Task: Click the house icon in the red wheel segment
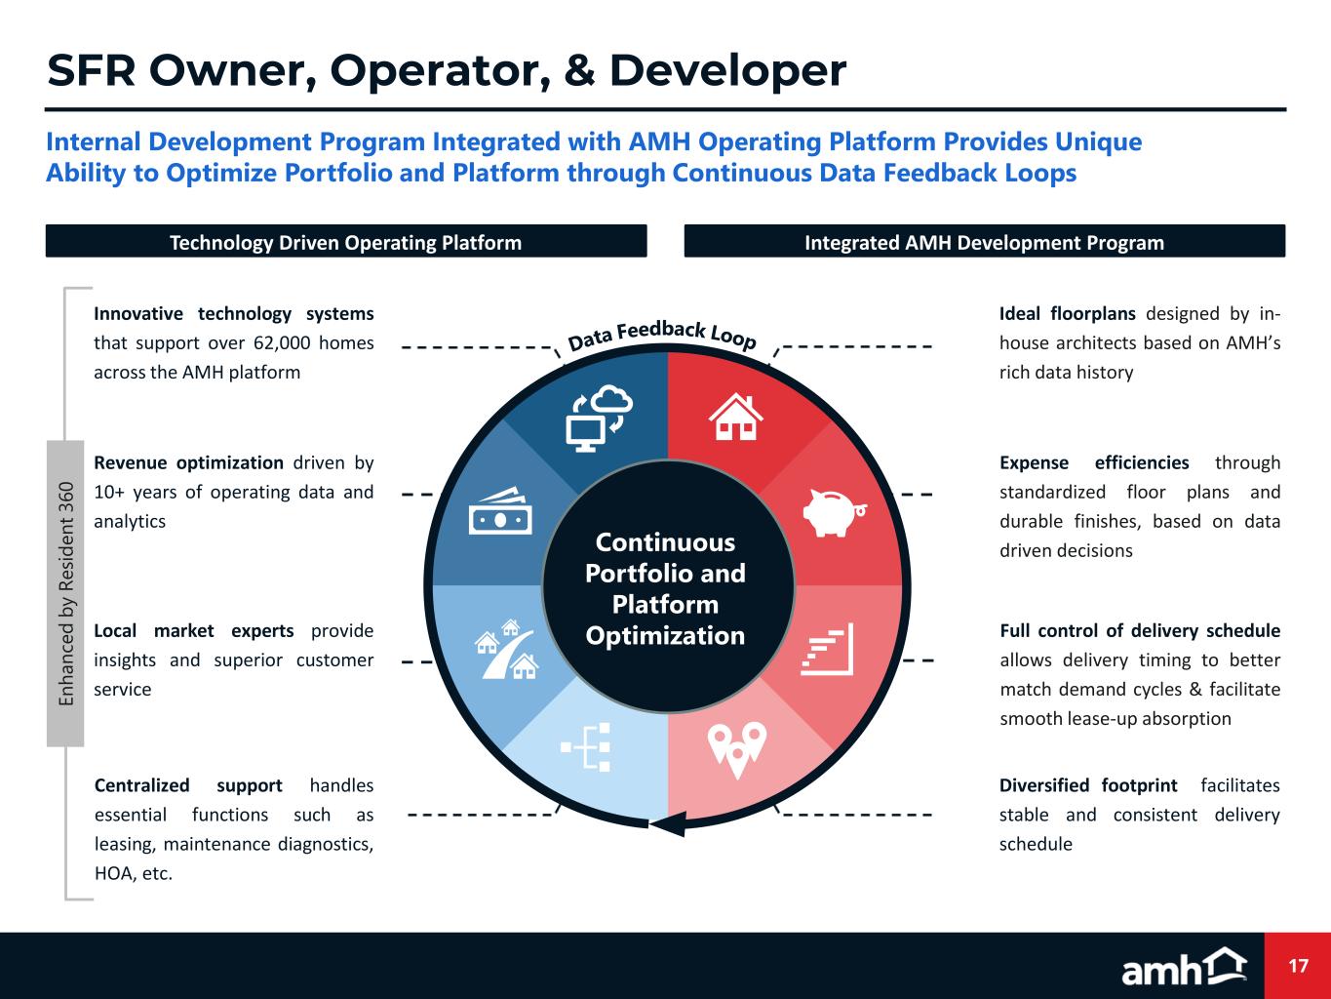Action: [736, 417]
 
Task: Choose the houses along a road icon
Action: [505, 648]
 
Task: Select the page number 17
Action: [1298, 966]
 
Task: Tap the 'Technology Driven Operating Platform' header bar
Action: [346, 242]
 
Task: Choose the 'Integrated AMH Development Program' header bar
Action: [984, 242]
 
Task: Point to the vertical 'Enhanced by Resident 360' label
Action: [65, 594]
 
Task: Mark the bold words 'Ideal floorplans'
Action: [1067, 313]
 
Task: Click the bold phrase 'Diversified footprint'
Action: [1087, 785]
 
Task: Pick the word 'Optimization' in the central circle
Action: [665, 636]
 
